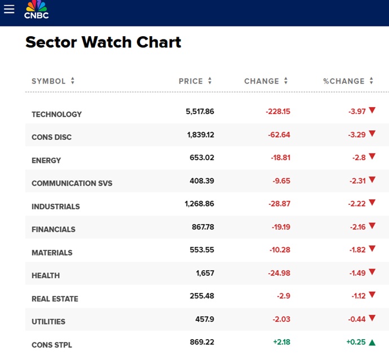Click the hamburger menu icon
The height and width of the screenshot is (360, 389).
[9, 9]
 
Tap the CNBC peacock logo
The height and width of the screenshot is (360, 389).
[36, 10]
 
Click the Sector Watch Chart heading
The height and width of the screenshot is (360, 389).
[103, 42]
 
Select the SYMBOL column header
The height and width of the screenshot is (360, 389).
[48, 81]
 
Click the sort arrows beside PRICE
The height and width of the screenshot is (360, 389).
[210, 81]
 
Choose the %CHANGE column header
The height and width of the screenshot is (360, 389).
[343, 81]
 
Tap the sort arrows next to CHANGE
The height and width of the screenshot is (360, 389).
[286, 81]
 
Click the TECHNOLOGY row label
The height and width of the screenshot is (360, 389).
[56, 114]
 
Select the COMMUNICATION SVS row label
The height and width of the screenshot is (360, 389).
[72, 183]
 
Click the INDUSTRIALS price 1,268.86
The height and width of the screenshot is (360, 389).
[200, 204]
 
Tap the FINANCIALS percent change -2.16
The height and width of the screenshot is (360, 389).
[357, 227]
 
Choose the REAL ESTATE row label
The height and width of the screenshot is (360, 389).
[55, 298]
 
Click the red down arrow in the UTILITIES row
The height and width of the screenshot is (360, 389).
[372, 319]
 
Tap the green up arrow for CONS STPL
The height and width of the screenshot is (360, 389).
[372, 342]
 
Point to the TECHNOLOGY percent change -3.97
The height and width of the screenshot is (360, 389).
[357, 111]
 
